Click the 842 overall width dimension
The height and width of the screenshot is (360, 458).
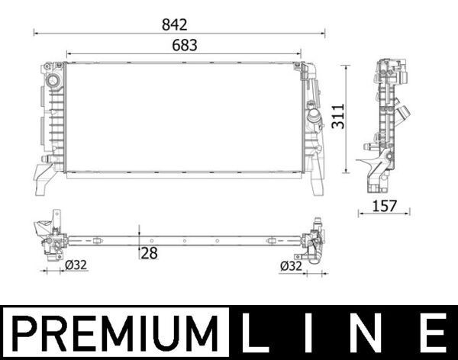[x=180, y=25]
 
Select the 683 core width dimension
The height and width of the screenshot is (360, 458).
[x=184, y=45]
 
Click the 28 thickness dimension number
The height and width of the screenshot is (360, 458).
[x=149, y=253]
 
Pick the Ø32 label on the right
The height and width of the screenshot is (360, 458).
[x=292, y=266]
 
